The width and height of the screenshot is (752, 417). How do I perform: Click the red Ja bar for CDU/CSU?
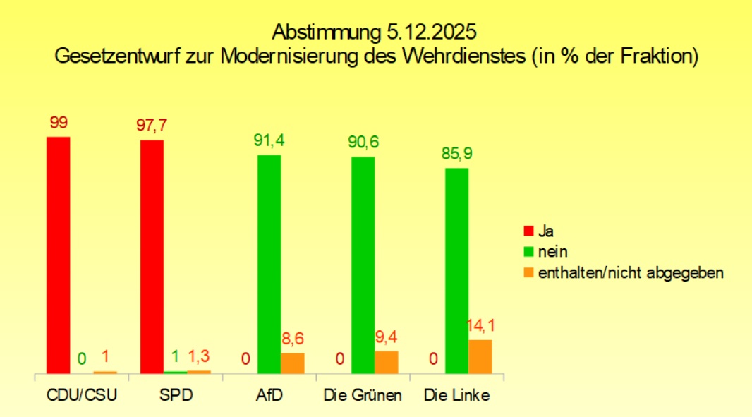click(59, 254)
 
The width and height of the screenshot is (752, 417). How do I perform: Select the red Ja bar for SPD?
click(152, 256)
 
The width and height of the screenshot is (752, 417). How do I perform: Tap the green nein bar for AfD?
click(269, 263)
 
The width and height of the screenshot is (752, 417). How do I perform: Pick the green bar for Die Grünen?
click(363, 265)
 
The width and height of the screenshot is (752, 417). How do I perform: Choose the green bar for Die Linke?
click(457, 270)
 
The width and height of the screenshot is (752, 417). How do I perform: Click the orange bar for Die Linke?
click(480, 356)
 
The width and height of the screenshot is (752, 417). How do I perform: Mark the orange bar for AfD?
click(293, 363)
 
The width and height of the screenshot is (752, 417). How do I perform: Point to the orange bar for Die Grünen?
click(387, 362)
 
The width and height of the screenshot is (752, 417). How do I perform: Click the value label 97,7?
click(152, 126)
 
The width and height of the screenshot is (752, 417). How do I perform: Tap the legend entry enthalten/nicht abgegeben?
click(631, 272)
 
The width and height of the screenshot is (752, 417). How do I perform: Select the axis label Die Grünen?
click(363, 395)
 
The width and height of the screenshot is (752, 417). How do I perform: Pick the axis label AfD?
click(269, 395)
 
